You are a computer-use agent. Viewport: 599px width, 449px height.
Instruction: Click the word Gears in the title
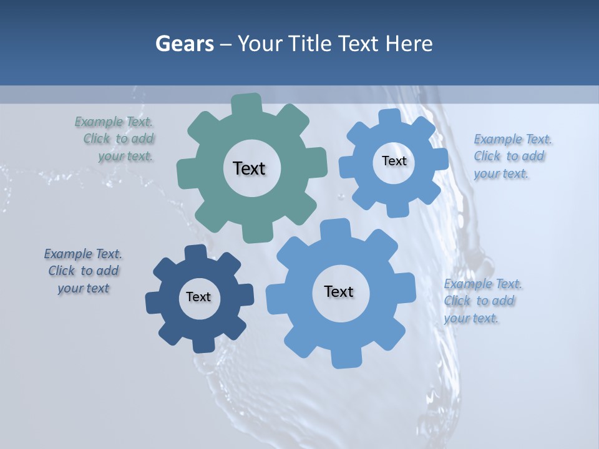coord(185,44)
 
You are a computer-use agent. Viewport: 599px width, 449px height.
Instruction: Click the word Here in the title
coord(409,44)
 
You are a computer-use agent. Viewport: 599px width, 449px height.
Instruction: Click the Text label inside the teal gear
coord(249,168)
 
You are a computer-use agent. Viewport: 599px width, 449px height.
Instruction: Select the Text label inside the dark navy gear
coord(198,297)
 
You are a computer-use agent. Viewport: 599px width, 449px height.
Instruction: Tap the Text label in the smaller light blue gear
coord(394,161)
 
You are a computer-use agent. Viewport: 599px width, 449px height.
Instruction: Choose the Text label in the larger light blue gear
coord(339,291)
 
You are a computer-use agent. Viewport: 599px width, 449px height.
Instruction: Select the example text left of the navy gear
coord(83,271)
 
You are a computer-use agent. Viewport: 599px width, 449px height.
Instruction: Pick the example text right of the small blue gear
coord(512,157)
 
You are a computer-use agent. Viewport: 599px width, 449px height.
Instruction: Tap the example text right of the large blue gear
coord(482,301)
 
